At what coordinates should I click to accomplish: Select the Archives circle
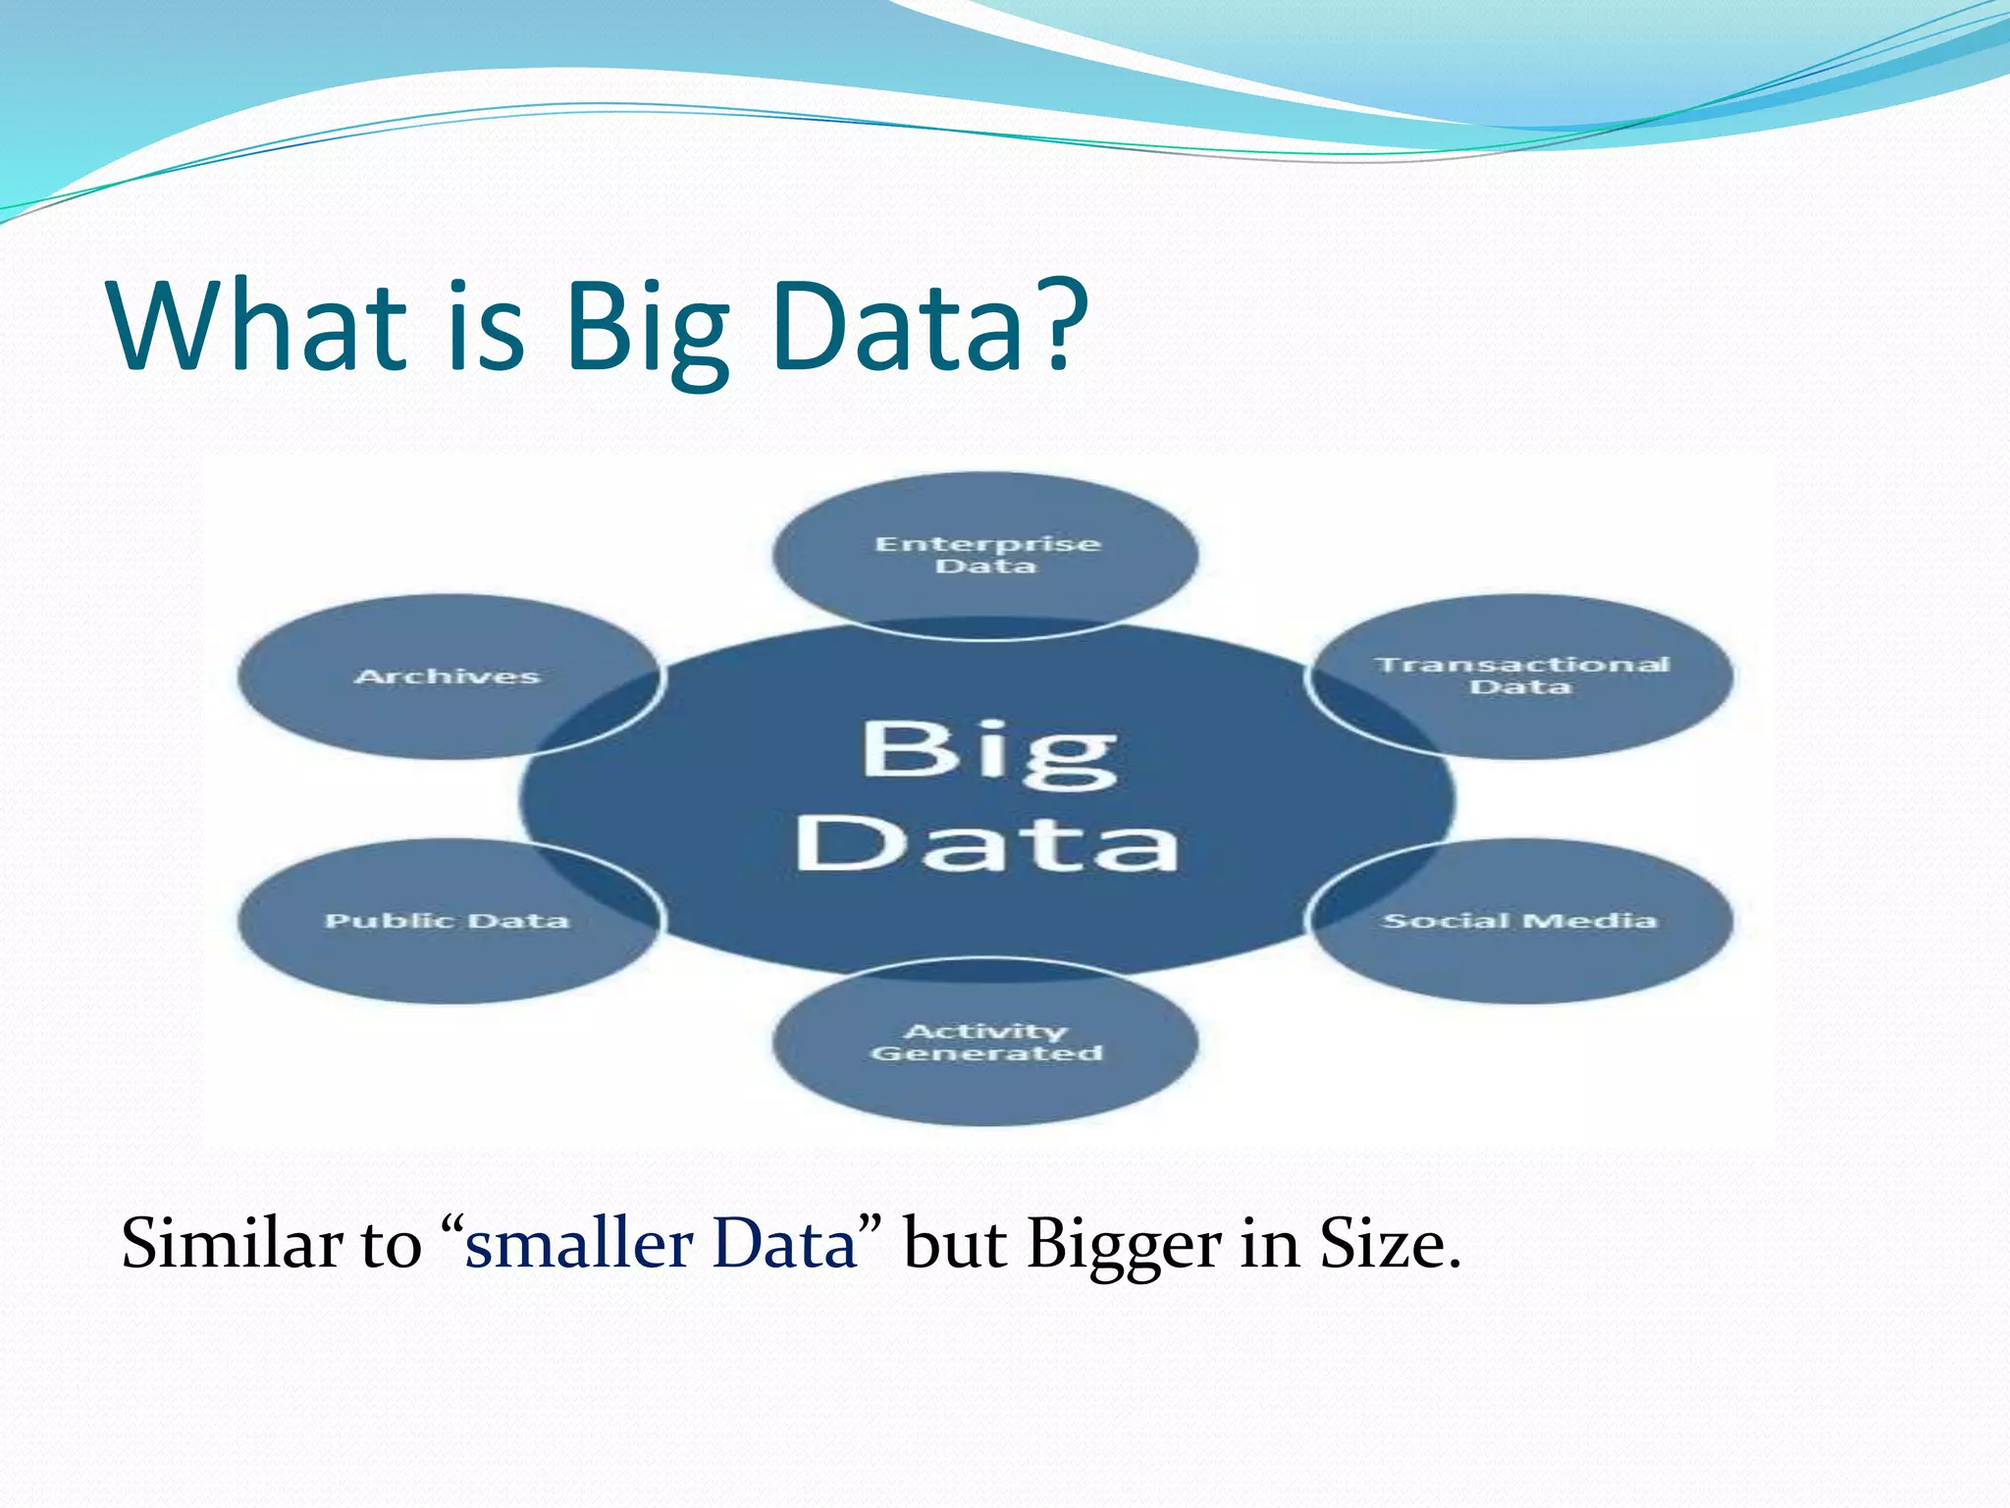click(x=448, y=676)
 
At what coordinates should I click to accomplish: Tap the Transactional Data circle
click(x=1521, y=676)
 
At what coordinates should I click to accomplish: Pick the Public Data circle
click(x=448, y=921)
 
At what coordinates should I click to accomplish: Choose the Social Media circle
click(x=1521, y=921)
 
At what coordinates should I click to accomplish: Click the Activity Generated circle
click(x=985, y=1042)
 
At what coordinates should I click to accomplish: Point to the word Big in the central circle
click(x=989, y=754)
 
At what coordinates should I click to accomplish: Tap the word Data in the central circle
click(x=987, y=843)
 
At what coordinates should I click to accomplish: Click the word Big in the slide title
click(x=648, y=329)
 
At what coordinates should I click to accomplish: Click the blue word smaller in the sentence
click(x=578, y=1244)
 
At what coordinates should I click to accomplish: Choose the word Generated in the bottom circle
click(x=986, y=1053)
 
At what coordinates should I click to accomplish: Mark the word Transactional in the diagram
click(x=1521, y=665)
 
